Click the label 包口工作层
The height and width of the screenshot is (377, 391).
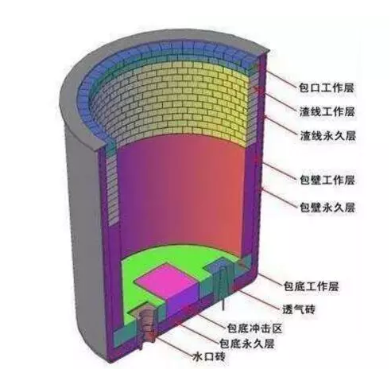(x=327, y=87)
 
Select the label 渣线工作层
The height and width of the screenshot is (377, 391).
(x=327, y=111)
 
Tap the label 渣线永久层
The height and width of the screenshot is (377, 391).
(x=327, y=135)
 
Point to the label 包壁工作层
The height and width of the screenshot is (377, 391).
(x=327, y=180)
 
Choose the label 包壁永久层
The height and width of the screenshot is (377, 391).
(x=327, y=207)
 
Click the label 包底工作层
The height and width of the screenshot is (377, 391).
(x=312, y=286)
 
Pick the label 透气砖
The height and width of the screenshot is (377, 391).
(x=299, y=309)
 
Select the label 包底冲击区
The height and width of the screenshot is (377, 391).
(x=255, y=328)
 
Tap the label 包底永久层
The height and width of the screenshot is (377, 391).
(x=246, y=344)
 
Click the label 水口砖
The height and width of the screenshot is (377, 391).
(x=209, y=356)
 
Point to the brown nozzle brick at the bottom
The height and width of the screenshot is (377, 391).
(x=147, y=328)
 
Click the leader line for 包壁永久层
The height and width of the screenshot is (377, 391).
(x=280, y=197)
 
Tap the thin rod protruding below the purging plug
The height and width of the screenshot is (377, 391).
(x=223, y=305)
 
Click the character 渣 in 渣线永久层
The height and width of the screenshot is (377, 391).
(x=305, y=135)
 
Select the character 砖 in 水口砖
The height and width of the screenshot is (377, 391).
(x=220, y=356)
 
